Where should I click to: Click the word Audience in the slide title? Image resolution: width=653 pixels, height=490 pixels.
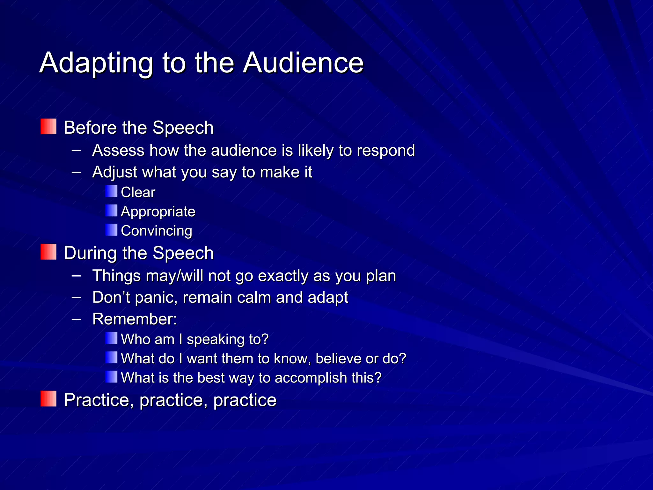303,63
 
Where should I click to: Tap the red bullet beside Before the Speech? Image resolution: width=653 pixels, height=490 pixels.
48,127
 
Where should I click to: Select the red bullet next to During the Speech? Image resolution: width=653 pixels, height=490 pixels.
48,252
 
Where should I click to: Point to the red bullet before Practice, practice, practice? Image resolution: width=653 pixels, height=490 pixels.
48,399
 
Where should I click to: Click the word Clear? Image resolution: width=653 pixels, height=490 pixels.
138,192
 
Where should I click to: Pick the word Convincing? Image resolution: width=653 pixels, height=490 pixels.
157,231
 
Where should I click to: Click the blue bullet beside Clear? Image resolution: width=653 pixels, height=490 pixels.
111,191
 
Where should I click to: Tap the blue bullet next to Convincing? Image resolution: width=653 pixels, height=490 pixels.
111,230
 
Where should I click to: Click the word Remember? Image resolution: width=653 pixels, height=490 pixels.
135,319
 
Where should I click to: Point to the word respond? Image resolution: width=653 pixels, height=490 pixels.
386,151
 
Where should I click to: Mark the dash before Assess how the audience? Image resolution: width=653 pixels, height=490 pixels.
76,150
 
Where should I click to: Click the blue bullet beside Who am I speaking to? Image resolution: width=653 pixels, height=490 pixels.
111,338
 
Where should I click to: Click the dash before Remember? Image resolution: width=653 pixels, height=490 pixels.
76,318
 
